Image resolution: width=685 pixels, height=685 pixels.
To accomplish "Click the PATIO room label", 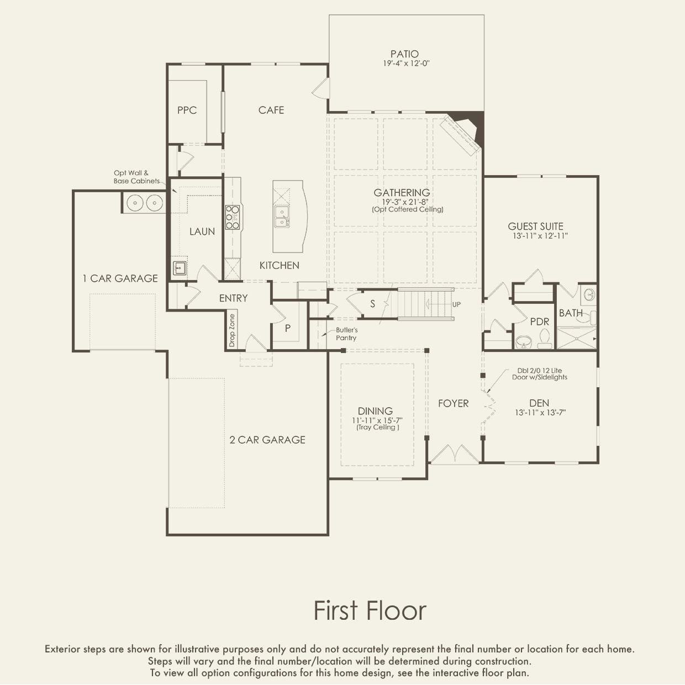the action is (404, 54).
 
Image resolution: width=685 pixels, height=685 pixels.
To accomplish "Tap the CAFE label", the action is (271, 110).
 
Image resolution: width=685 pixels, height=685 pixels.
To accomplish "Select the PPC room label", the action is (187, 110).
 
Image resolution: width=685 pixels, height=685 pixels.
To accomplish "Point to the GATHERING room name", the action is (402, 193).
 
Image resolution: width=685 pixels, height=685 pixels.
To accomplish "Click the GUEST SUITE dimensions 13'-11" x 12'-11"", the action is (540, 236).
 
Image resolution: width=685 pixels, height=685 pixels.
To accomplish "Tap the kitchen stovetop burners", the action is (233, 217).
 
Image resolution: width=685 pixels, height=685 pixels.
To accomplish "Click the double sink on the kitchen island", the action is (282, 217).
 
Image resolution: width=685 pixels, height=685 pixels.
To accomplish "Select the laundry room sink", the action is (180, 267).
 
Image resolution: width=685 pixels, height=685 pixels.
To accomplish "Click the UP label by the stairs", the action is (456, 304).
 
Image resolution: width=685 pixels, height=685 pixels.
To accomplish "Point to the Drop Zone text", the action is (232, 330).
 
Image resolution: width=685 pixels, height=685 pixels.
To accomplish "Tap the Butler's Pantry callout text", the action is (346, 334).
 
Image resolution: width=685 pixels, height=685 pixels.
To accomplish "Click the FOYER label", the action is (453, 403).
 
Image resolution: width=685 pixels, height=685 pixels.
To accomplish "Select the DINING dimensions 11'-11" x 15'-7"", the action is (377, 420).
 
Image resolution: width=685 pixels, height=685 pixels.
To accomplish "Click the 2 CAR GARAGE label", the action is (267, 440).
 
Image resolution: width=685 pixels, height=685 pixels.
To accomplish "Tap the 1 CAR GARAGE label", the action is (120, 278).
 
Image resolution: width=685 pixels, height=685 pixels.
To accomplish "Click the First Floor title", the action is (370, 610).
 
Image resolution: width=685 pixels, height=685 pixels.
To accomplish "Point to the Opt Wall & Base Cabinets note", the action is (136, 177).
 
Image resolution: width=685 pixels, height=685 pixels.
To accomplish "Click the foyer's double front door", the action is (455, 454).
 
